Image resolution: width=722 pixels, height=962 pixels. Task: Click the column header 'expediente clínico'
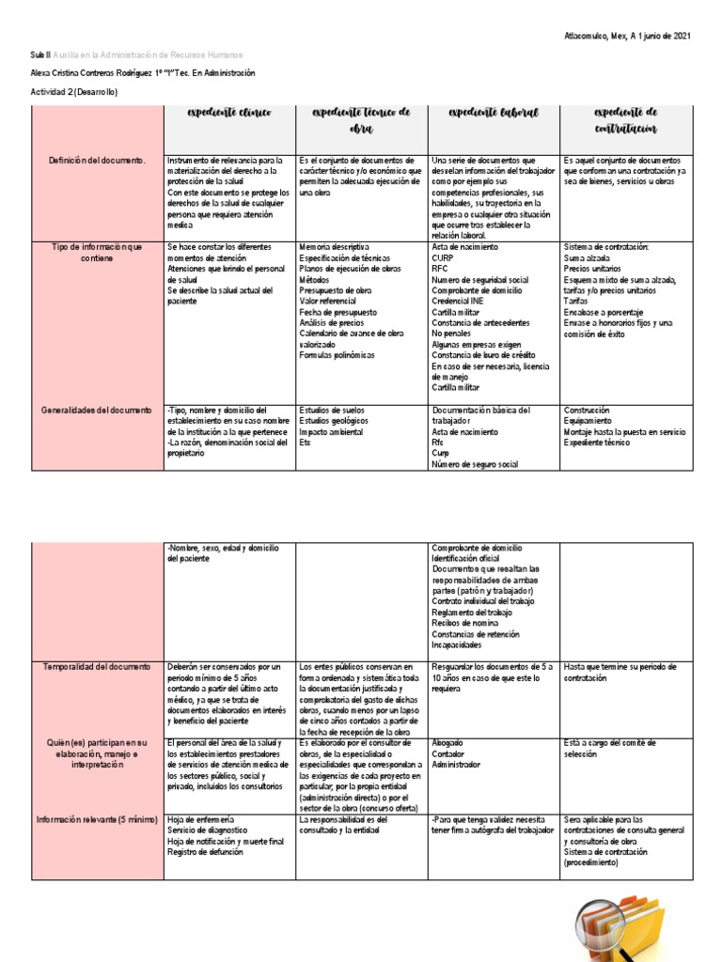tap(229, 113)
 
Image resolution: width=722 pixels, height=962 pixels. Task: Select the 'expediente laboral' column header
tap(494, 113)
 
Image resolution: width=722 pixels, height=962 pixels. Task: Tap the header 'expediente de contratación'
tap(625, 120)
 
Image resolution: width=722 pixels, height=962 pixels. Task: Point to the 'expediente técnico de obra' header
tap(361, 120)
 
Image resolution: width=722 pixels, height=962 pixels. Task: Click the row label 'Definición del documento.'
tap(98, 161)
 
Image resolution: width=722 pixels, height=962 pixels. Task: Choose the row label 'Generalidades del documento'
tap(97, 411)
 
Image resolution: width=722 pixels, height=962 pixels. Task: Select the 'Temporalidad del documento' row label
tap(97, 667)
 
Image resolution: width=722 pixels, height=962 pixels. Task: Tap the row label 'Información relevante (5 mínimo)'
tap(97, 820)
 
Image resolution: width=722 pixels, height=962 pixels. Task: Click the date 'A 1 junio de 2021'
tap(651, 36)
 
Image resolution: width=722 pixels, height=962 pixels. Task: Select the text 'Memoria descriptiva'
tap(334, 247)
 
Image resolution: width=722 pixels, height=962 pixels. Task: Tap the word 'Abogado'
tap(447, 743)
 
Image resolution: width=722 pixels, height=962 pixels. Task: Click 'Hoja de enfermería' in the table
tap(200, 820)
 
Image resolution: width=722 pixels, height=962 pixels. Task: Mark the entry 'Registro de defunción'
tap(207, 852)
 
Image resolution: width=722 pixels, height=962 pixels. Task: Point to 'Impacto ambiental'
tap(331, 432)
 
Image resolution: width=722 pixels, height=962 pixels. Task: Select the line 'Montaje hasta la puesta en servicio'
tap(625, 432)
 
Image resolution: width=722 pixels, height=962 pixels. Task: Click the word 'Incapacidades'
tap(458, 645)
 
